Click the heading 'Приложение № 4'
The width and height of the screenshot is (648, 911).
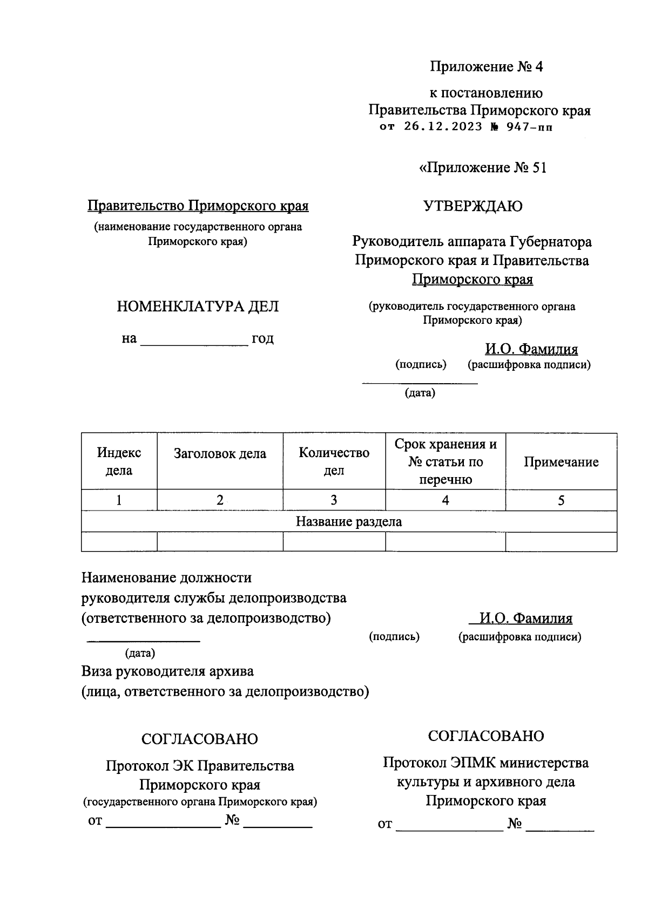(x=486, y=67)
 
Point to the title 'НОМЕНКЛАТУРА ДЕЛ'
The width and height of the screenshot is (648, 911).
(x=198, y=307)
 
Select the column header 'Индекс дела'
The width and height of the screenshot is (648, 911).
(x=119, y=461)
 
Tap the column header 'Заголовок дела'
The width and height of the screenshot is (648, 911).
(x=220, y=454)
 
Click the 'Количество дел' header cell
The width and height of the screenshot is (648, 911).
(x=334, y=461)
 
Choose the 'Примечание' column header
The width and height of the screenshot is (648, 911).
(x=561, y=462)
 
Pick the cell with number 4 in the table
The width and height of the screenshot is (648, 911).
(x=445, y=500)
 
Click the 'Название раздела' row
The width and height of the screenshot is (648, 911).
(x=349, y=521)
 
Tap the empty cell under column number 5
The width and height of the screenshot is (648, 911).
(x=561, y=542)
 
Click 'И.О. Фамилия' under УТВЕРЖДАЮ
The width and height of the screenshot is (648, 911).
(x=531, y=349)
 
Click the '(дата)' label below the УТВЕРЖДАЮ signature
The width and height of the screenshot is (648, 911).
(x=420, y=393)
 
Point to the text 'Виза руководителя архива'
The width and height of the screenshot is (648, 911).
(x=167, y=671)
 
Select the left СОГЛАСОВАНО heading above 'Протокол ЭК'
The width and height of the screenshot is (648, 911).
(x=199, y=739)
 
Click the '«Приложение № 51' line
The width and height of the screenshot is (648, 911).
(x=483, y=168)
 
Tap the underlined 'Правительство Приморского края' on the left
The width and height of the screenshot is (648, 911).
(x=198, y=206)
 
